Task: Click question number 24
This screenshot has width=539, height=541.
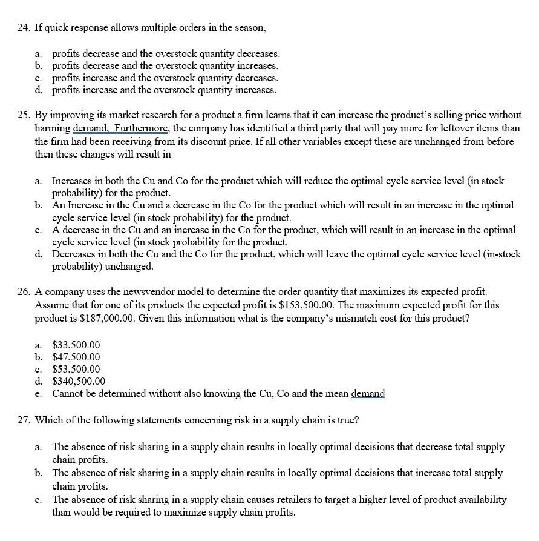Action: [x=23, y=28]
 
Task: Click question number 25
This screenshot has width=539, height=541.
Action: [x=23, y=115]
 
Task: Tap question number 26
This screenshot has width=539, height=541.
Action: [x=23, y=292]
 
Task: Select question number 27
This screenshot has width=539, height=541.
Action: [x=23, y=420]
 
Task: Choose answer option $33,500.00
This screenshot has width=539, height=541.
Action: [x=76, y=344]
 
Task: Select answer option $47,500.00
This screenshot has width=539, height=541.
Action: [x=76, y=357]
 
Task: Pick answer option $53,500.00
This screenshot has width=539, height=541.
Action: [x=76, y=369]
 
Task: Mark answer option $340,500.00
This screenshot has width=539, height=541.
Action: [x=79, y=381]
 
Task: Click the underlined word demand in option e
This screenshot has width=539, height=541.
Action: [x=368, y=394]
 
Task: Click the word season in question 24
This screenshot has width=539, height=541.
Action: [x=248, y=28]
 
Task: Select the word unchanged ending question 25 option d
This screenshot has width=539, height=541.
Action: [x=132, y=266]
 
